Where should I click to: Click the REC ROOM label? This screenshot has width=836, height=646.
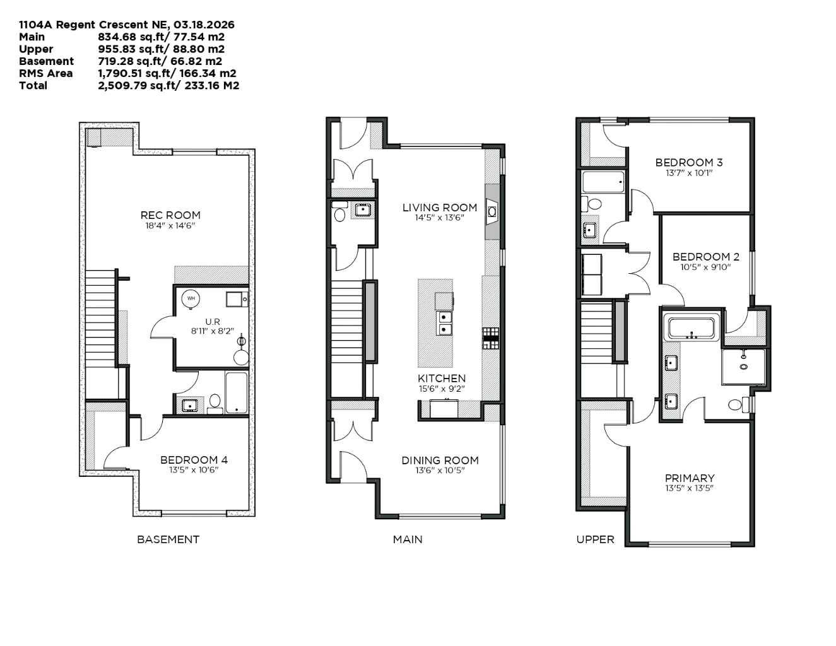click(170, 215)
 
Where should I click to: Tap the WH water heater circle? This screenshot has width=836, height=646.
click(191, 298)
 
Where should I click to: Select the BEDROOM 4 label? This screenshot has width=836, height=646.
click(194, 460)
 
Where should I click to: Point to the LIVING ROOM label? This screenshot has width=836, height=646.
click(440, 208)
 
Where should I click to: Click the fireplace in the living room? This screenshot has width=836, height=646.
click(492, 211)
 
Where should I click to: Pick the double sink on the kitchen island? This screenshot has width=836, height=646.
click(445, 323)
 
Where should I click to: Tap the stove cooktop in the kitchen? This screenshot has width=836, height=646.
click(491, 338)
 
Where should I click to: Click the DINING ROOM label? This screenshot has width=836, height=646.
click(440, 461)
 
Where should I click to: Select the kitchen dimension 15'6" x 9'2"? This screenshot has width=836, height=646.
click(442, 389)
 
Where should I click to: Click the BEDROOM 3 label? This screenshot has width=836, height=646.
click(689, 162)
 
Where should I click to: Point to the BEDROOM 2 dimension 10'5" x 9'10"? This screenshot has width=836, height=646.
click(705, 267)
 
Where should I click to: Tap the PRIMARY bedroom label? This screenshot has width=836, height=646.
click(690, 478)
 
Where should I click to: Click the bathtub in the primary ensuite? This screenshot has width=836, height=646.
click(691, 329)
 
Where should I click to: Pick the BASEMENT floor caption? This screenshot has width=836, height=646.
click(168, 539)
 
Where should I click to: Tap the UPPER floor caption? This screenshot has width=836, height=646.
click(595, 539)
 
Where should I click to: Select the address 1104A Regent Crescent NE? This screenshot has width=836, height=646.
click(92, 25)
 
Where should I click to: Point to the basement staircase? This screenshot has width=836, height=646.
click(100, 315)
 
